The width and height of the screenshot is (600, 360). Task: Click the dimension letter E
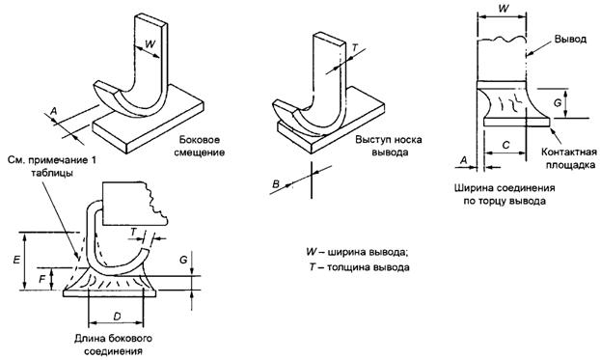click(x=16, y=260)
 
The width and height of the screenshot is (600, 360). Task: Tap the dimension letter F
click(x=42, y=278)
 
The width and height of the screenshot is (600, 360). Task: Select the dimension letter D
click(x=117, y=317)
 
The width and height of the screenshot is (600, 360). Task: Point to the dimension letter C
click(x=505, y=145)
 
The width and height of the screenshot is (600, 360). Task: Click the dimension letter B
click(x=276, y=184)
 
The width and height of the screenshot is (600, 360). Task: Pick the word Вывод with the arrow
click(x=570, y=40)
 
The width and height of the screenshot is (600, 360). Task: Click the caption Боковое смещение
click(x=200, y=147)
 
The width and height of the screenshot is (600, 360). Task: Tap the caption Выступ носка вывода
click(x=389, y=146)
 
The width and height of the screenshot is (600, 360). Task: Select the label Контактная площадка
click(x=569, y=158)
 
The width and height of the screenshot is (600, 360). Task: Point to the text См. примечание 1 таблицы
click(x=52, y=166)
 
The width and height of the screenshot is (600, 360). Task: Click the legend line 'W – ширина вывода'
click(x=355, y=252)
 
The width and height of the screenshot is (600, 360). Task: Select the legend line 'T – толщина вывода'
click(x=359, y=267)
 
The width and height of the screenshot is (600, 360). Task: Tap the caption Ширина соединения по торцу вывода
click(x=505, y=195)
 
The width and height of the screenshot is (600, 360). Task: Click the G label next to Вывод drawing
click(x=558, y=102)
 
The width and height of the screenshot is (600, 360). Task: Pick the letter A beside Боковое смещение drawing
click(x=54, y=111)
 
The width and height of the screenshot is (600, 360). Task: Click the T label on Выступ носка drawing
click(x=355, y=48)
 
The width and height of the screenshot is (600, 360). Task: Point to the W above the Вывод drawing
click(x=505, y=8)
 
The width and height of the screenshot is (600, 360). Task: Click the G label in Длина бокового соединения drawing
click(x=183, y=260)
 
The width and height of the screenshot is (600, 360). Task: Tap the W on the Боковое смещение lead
click(x=150, y=43)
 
